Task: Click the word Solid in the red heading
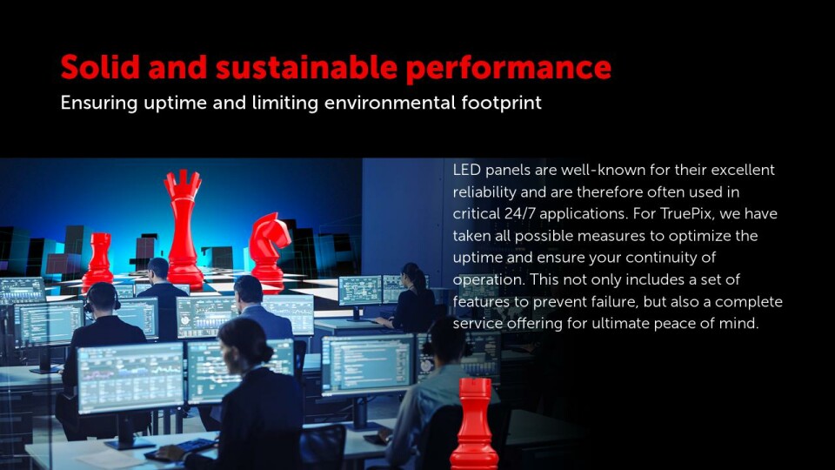click(100, 67)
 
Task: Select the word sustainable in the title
click(306, 67)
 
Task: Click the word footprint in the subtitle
click(502, 103)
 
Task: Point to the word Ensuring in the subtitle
click(99, 103)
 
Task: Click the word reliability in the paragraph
click(484, 191)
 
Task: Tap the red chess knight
click(269, 248)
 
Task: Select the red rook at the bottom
click(475, 425)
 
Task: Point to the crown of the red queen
click(184, 182)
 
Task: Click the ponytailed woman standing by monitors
click(409, 299)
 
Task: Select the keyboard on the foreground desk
click(180, 449)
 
